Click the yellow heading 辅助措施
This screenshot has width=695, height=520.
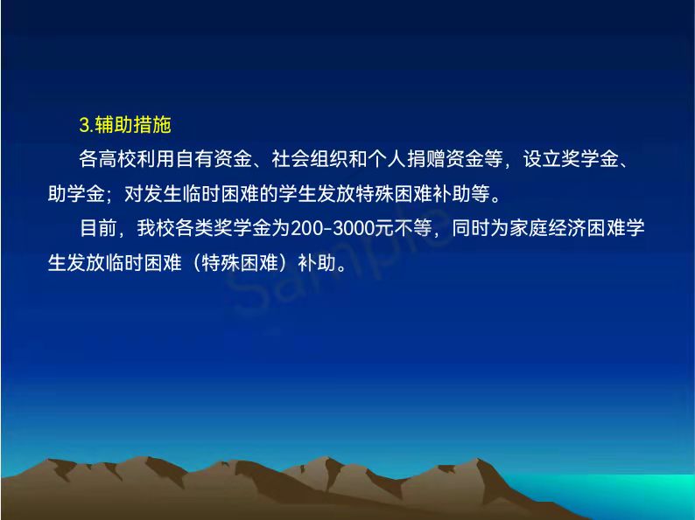pos(133,125)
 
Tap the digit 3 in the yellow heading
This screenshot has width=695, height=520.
pos(85,125)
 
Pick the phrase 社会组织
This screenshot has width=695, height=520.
pos(310,159)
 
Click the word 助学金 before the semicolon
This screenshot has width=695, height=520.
pos(76,193)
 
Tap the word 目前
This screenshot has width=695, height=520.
pos(98,228)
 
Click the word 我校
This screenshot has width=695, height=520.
pos(156,228)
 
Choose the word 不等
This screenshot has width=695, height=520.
pos(412,228)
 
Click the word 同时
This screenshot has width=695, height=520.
pos(470,228)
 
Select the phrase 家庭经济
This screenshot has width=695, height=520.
pos(547,228)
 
